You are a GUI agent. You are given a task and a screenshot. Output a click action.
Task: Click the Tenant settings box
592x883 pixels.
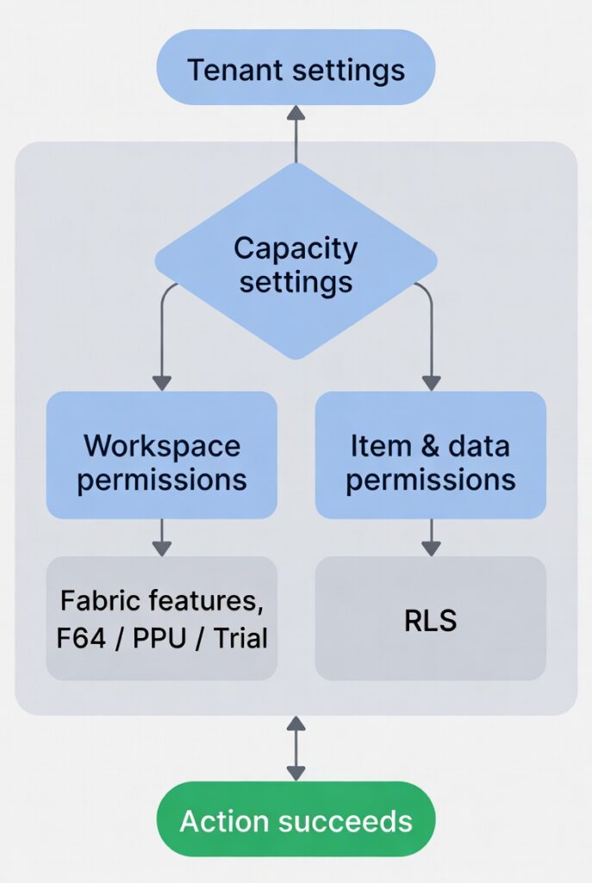(x=296, y=68)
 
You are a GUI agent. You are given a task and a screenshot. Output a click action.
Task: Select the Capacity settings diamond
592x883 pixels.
(x=296, y=263)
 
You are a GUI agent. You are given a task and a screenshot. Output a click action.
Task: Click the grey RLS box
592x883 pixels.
(x=430, y=618)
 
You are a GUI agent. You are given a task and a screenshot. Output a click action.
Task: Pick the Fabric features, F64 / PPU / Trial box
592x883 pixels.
(x=161, y=618)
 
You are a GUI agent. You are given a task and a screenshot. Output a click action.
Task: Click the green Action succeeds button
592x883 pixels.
(x=296, y=819)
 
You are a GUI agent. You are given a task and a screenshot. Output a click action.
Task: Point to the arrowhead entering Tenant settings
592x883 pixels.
(x=296, y=113)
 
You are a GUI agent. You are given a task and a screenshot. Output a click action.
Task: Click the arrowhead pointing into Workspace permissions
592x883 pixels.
(x=161, y=382)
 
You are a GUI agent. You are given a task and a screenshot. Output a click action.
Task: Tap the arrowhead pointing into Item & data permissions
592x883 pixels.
(x=431, y=382)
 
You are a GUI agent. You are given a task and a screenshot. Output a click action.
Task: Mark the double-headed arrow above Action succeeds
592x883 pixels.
(x=296, y=748)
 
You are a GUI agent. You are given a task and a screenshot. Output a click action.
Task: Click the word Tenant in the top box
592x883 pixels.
(x=227, y=69)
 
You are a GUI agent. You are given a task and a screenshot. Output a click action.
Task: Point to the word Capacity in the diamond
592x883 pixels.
(x=296, y=248)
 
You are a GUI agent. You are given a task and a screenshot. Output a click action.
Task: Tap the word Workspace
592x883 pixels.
(x=161, y=446)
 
